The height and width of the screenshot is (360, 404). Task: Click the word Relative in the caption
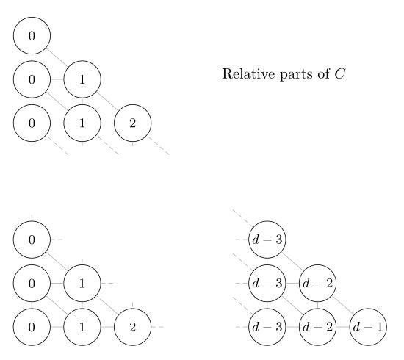[x=248, y=74]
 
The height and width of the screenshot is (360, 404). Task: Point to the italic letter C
[x=339, y=74]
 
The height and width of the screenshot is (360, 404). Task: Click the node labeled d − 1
[x=368, y=327]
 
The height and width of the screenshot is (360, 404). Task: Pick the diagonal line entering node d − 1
[x=343, y=306]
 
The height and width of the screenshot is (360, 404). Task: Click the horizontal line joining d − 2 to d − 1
[x=343, y=327]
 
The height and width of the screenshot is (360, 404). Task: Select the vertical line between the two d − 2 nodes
[x=317, y=305]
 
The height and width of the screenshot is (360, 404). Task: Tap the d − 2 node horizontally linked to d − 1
[x=317, y=327]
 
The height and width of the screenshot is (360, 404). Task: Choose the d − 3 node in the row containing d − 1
[x=267, y=327]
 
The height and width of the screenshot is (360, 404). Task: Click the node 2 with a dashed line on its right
[x=132, y=327]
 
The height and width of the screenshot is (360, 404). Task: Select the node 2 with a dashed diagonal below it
[x=132, y=123]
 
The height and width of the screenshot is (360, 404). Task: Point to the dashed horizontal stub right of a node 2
[x=157, y=327]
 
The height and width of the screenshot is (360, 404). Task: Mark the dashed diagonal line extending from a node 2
[x=159, y=146]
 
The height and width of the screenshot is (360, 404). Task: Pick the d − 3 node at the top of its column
[x=267, y=240]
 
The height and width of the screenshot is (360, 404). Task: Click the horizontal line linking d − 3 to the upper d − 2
[x=292, y=284]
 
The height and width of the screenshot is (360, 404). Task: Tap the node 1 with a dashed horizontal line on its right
[x=82, y=284]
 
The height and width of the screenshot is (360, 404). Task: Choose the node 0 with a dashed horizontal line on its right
[x=32, y=240]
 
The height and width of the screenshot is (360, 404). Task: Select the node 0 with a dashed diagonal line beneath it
[x=32, y=123]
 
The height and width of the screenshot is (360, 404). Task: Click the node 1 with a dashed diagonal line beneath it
[x=82, y=123]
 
